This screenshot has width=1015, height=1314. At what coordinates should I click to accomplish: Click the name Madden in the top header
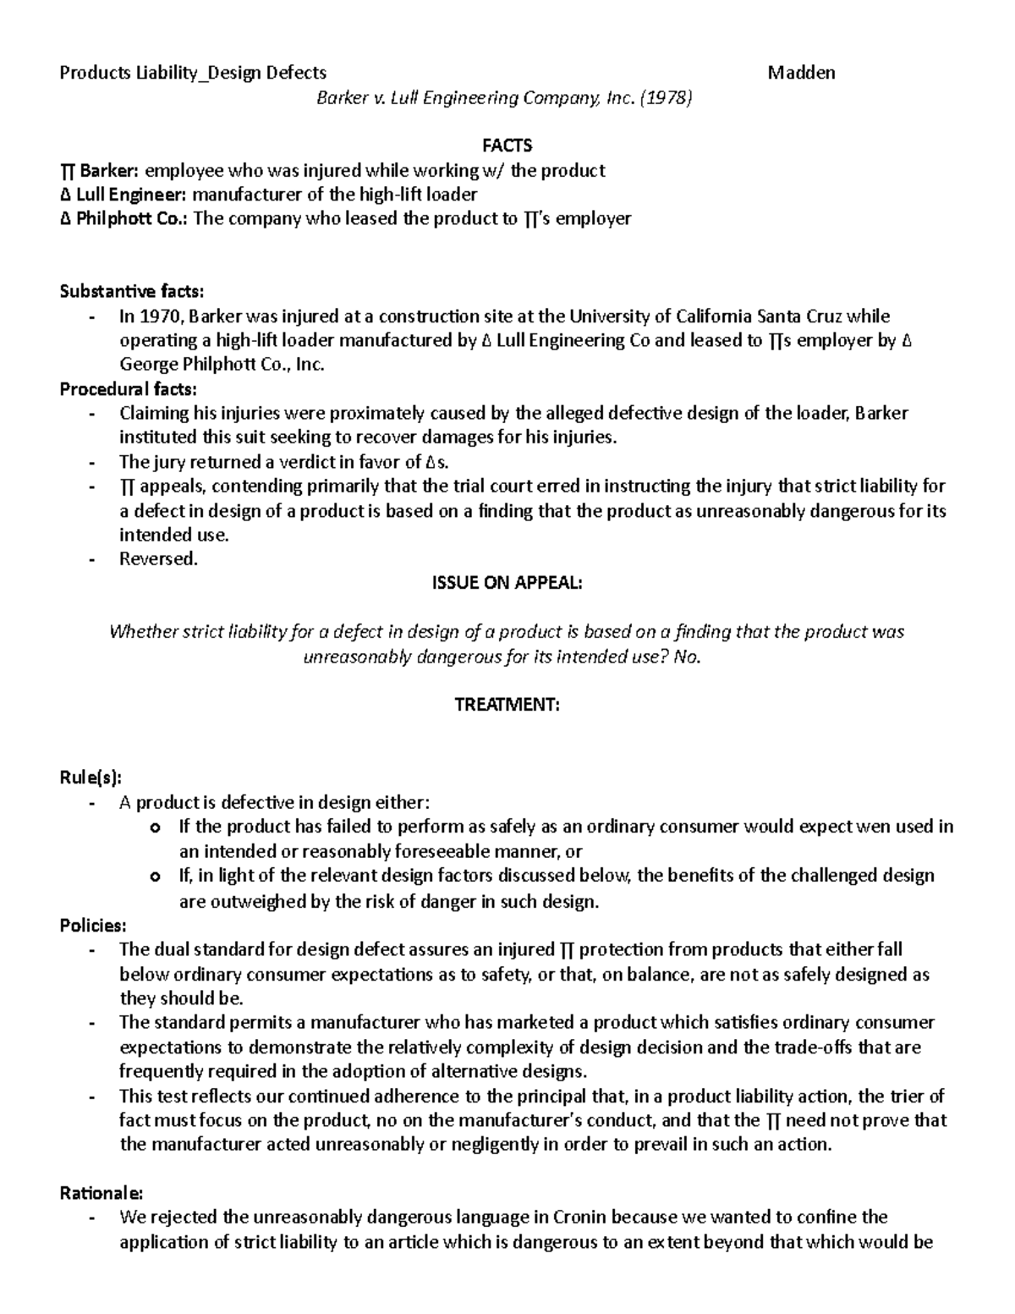800,73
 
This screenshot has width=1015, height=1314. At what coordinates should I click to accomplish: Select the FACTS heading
507,146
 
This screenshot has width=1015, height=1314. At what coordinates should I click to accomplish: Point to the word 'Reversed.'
158,559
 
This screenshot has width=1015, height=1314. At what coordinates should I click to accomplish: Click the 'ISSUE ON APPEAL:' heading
507,584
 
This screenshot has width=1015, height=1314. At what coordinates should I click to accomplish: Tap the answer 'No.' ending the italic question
688,657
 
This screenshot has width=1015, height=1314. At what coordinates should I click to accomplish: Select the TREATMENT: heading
507,705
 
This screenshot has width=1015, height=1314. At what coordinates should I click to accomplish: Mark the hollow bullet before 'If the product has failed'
153,827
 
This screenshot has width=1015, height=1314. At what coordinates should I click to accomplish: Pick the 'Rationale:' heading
101,1193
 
